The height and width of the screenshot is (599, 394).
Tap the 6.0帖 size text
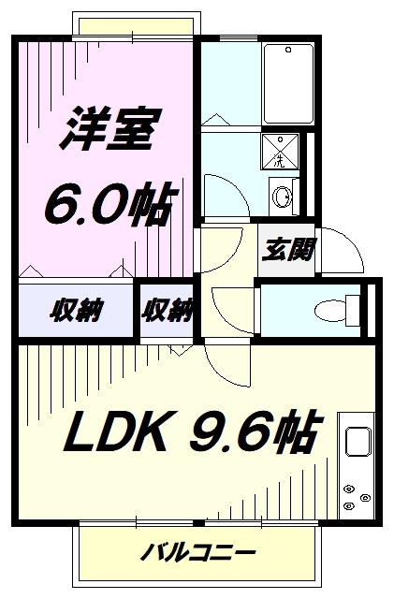pyautogui.click(x=111, y=205)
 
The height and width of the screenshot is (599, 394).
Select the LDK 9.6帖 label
pyautogui.click(x=191, y=431)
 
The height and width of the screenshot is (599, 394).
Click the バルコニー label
pyautogui.click(x=197, y=552)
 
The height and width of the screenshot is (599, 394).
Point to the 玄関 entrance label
pyautogui.click(x=288, y=250)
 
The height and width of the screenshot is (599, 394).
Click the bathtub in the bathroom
pyautogui.click(x=289, y=83)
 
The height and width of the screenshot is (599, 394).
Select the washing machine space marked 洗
pyautogui.click(x=280, y=152)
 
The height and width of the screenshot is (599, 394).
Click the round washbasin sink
pyautogui.click(x=283, y=197)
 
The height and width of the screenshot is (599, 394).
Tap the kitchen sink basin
pyautogui.click(x=358, y=441)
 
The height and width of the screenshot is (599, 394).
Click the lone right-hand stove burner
pyautogui.click(x=365, y=498)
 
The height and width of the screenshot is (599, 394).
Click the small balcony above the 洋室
pyautogui.click(x=136, y=25)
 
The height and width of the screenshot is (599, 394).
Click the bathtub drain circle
pyautogui.click(x=289, y=50)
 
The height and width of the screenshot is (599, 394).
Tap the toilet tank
pyautogui.click(x=353, y=310)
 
